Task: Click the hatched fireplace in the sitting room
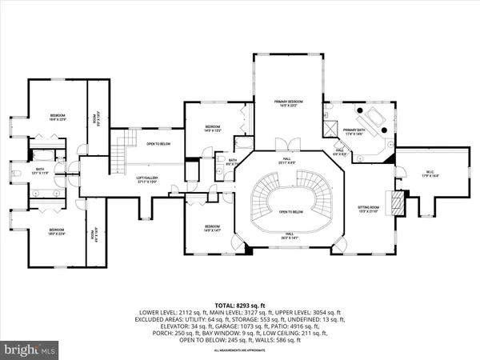pos(392,199)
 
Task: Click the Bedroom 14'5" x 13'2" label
pos(212,129)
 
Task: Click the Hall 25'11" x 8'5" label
pos(286,161)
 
